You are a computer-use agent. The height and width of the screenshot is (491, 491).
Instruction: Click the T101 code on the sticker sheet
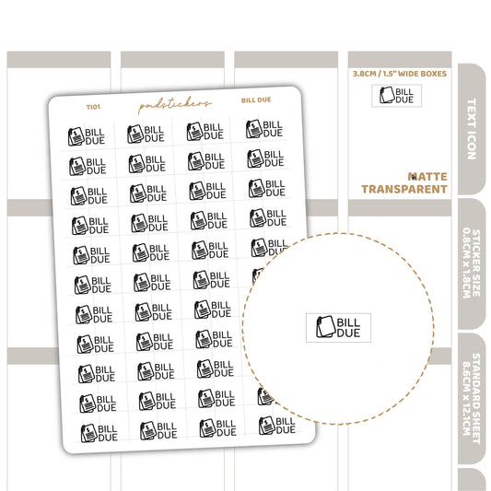[x=93, y=107]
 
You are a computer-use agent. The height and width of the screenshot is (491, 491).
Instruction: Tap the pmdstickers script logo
[x=175, y=105]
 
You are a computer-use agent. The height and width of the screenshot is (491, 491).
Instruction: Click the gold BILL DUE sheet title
[x=256, y=100]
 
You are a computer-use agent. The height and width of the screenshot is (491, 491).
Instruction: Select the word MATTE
[x=427, y=177]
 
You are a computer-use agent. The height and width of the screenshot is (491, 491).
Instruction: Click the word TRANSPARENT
[x=404, y=189]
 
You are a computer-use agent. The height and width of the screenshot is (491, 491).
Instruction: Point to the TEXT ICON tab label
[x=472, y=129]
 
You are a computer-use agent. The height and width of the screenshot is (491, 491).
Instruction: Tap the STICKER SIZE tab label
[x=476, y=263]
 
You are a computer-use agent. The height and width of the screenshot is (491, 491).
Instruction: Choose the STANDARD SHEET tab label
[x=476, y=398]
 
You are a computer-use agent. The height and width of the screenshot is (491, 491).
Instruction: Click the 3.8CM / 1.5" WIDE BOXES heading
[x=400, y=74]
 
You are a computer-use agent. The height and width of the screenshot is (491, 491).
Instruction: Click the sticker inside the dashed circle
[x=338, y=328]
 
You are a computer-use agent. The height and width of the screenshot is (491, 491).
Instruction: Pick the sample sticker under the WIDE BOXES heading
[x=396, y=96]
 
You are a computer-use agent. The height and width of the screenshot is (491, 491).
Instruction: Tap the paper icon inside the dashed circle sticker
[x=326, y=327]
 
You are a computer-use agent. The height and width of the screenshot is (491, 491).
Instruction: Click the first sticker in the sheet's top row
[x=87, y=136]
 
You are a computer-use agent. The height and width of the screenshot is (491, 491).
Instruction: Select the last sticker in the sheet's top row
[x=264, y=129]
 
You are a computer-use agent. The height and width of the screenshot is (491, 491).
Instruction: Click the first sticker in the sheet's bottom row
[x=99, y=433]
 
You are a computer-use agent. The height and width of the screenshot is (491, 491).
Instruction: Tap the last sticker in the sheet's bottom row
[x=277, y=426]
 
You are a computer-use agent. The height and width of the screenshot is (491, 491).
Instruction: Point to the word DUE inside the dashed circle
[x=348, y=333]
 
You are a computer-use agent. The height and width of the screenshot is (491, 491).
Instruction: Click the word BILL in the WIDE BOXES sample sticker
[x=404, y=92]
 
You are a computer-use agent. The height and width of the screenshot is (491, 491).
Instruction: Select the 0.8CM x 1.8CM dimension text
[x=466, y=263]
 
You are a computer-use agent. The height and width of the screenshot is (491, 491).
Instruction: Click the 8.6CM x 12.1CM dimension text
[x=466, y=398]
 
